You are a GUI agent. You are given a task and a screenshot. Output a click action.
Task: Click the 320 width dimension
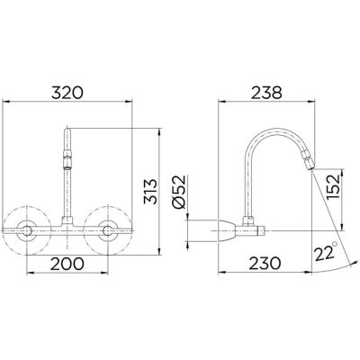click(x=67, y=93)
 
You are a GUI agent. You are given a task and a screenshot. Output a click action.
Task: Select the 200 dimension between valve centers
click(x=67, y=264)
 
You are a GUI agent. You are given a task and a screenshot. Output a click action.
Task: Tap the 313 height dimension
click(x=150, y=192)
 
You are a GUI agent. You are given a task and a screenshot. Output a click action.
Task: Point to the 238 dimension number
click(x=266, y=93)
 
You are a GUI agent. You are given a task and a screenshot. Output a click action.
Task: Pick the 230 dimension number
click(x=265, y=264)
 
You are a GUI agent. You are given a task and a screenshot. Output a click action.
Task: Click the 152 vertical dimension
click(x=333, y=186)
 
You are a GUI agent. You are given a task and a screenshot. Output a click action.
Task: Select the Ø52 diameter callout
click(x=179, y=192)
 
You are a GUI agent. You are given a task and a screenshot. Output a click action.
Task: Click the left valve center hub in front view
click(x=27, y=230)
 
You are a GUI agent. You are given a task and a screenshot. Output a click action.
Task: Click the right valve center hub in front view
click(x=108, y=230)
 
